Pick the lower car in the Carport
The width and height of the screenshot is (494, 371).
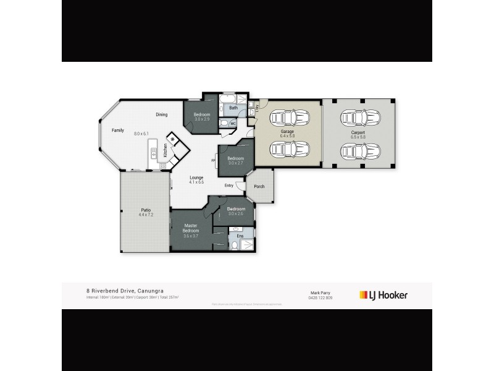pos(357,150)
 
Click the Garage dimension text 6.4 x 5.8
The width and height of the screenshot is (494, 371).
pos(287,136)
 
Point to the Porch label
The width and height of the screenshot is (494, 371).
pos(259,187)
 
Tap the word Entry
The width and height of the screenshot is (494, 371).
pos(229,185)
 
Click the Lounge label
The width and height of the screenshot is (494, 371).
pos(196,178)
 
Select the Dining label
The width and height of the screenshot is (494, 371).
pos(162,114)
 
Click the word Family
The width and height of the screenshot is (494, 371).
pos(118,130)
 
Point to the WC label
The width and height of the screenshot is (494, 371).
pos(233,124)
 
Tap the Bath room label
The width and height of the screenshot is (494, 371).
pos(233,108)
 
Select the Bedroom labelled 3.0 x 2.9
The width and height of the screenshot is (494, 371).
pos(202,115)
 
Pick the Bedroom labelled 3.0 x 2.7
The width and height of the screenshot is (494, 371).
pos(236,159)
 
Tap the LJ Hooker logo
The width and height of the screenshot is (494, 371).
pos(383,295)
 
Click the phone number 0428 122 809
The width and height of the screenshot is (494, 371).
pos(320,298)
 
